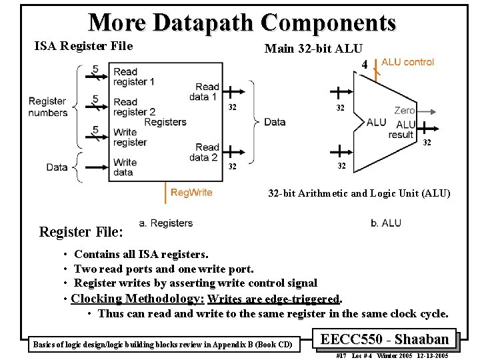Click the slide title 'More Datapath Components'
pos(242,23)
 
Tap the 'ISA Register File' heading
pos(83,46)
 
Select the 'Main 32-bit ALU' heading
pos(313,48)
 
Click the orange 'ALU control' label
pos(407,62)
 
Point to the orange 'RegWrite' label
pos(191,193)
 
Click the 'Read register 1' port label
pos(133,77)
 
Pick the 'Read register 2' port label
pos(134,107)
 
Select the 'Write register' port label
pos(129,137)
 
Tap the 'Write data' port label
pos(125,167)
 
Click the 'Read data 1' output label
pos(207,92)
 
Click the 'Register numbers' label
pos(47,107)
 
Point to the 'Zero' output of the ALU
pos(404,111)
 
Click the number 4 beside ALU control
pos(365,64)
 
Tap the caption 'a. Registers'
pos(166,223)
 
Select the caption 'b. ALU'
pos(386,223)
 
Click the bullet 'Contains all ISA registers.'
pos(141,254)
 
